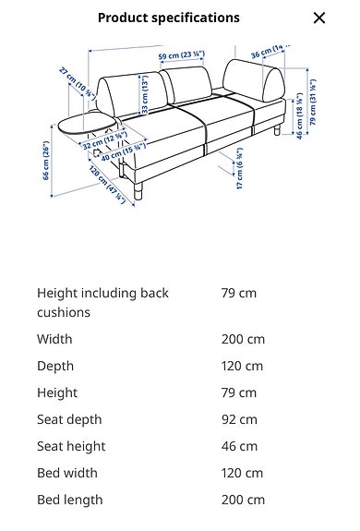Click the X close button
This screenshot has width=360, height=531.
tap(319, 18)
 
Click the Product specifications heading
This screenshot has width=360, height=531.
tap(168, 18)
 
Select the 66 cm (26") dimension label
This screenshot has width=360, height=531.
tap(45, 161)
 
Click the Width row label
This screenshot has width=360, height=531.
tap(54, 339)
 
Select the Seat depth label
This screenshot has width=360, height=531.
tap(69, 419)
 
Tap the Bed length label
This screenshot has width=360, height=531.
tap(70, 500)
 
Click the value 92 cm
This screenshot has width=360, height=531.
tap(239, 419)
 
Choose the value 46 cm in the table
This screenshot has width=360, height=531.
tap(239, 446)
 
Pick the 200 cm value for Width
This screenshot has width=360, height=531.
tap(243, 339)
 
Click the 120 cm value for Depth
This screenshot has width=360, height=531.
tap(242, 366)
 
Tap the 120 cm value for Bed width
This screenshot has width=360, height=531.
tap(242, 473)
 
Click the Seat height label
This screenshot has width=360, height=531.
tap(71, 446)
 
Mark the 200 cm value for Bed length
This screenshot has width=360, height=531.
tap(243, 500)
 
